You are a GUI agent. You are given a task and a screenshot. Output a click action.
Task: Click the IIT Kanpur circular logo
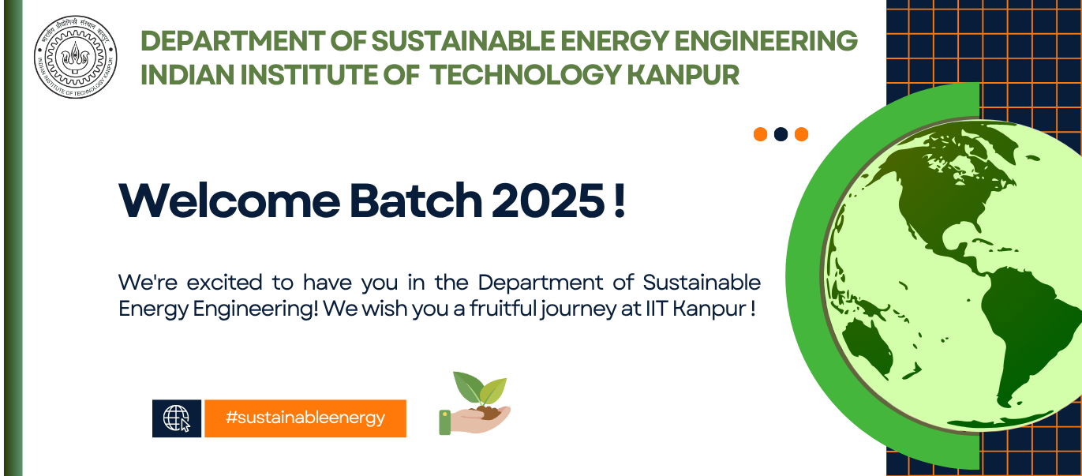tap(75, 57)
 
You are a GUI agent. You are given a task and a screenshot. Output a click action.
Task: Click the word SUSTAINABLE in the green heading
tap(462, 40)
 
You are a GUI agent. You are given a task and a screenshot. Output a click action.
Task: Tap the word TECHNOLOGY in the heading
tap(525, 75)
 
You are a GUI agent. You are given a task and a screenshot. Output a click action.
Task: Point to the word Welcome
tap(230, 201)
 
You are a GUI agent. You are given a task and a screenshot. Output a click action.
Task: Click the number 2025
tap(548, 201)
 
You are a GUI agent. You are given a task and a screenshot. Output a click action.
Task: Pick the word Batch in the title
tap(416, 201)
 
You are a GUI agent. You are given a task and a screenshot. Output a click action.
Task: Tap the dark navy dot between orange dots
tap(781, 134)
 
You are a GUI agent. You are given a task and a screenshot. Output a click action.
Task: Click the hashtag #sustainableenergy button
tap(305, 418)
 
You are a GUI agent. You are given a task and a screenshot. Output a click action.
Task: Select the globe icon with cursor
tap(177, 418)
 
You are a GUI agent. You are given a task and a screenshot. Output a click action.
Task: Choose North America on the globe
tap(947, 193)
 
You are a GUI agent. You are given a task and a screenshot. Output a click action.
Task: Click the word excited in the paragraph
tap(225, 283)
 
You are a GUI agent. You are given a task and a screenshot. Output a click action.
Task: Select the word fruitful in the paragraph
tap(503, 309)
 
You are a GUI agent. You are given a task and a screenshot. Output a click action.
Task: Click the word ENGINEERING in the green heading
tap(766, 40)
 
